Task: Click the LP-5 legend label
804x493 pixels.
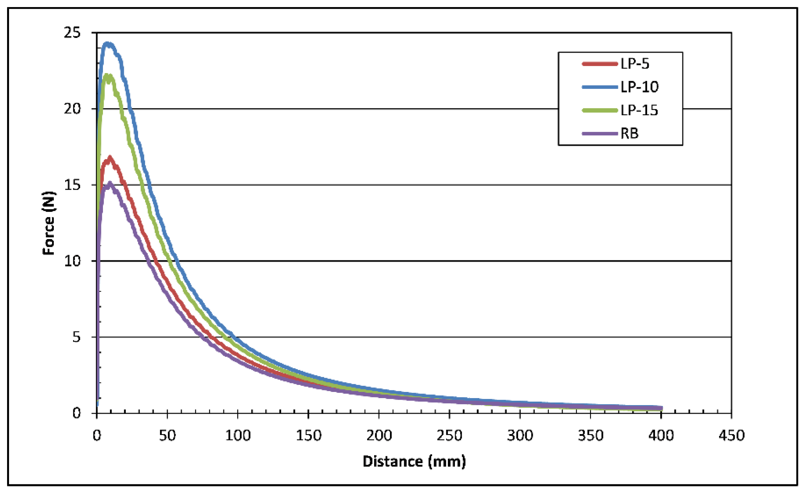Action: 635,64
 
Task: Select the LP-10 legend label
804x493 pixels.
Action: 639,87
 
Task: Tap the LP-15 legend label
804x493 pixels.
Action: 639,110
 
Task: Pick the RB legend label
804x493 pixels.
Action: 629,134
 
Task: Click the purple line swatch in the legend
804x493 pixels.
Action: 600,134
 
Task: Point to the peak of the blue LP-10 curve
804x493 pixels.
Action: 108,43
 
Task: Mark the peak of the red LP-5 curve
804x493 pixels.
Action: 110,157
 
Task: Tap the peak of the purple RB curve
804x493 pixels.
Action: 110,183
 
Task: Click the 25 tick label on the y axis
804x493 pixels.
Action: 72,33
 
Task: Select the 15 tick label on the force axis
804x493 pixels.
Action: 72,185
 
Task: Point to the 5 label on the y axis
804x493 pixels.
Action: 76,337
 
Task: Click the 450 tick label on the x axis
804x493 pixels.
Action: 731,436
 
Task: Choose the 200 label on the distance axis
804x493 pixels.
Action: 378,436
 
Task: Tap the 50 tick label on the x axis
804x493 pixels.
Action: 167,436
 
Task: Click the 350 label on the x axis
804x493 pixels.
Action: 590,436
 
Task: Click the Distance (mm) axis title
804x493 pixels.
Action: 414,461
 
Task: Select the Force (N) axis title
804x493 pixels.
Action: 49,223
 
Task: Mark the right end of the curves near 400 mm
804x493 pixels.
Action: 661,408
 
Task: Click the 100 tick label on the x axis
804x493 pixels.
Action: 237,436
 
